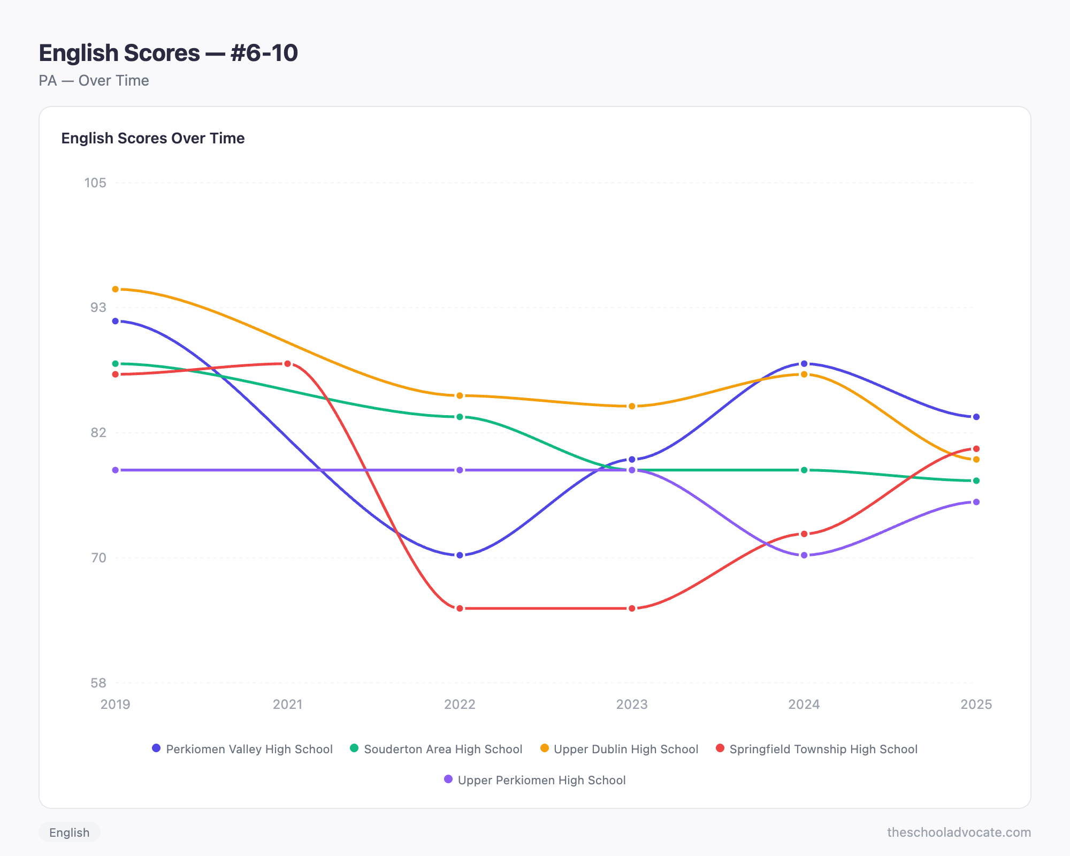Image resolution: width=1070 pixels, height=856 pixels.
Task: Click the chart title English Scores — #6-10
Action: pos(168,53)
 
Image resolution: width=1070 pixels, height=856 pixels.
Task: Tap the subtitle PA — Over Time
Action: pos(94,81)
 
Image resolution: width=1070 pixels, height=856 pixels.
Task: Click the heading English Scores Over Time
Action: pos(152,138)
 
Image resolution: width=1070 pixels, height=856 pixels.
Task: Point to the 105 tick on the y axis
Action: pos(95,183)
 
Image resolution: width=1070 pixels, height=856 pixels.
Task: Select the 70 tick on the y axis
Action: pos(98,558)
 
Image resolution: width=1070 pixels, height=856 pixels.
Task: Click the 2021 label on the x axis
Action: pos(287,704)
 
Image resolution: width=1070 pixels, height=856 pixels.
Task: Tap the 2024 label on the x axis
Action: pos(804,704)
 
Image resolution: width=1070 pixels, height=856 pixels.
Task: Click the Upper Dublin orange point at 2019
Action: pos(116,289)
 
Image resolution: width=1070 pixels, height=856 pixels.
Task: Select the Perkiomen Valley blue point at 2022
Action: pos(460,555)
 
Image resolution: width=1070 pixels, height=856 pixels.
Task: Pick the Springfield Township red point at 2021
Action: pos(287,364)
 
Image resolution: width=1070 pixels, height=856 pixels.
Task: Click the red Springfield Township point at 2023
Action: pos(632,608)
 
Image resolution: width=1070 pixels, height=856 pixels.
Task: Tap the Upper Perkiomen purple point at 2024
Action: pos(804,555)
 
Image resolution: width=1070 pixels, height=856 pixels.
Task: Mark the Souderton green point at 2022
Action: pos(460,417)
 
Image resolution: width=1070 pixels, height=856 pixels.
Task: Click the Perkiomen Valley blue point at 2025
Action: pos(976,417)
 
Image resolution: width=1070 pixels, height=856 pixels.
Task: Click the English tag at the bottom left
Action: pos(69,832)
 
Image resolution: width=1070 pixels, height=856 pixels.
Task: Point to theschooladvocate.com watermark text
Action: pos(959,832)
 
